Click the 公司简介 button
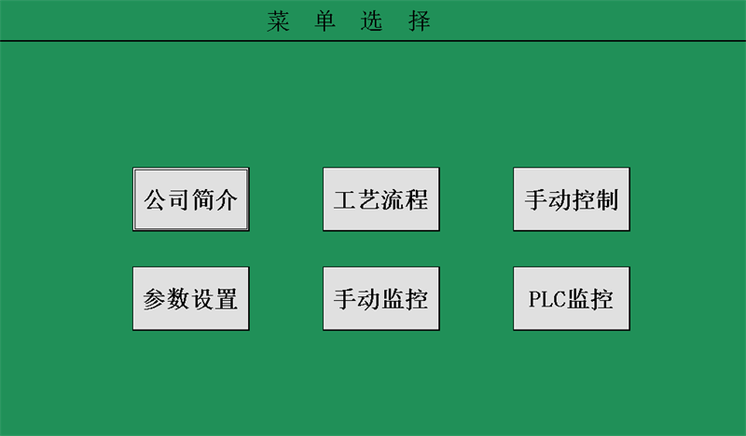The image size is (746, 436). click(191, 199)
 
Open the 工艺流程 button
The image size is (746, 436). click(381, 199)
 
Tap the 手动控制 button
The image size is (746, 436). click(572, 199)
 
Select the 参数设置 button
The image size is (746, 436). click(191, 299)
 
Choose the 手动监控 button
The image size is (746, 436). click(381, 299)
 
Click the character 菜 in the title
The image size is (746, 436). click(278, 21)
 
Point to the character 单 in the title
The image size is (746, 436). click(325, 21)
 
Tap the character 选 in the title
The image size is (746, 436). click(371, 21)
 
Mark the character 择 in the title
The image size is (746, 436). click(419, 21)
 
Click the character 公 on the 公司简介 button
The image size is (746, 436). click(155, 199)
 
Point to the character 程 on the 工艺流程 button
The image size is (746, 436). click(417, 199)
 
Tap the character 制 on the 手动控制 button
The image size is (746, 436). click(607, 199)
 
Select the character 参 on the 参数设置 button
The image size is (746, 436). click(155, 299)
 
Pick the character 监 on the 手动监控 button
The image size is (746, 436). click(393, 299)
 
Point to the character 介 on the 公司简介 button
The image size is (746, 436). click(227, 199)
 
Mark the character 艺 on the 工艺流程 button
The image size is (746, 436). click(369, 199)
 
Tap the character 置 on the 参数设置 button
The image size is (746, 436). click(227, 299)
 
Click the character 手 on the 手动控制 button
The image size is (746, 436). click(535, 199)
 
